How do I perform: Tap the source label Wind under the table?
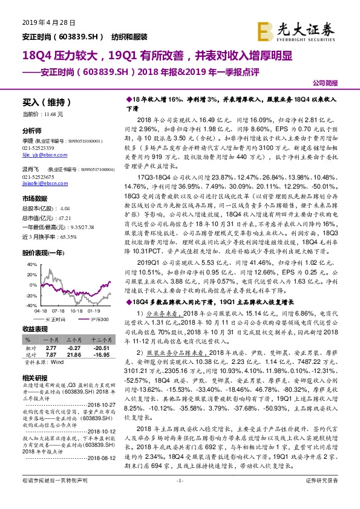pos(57,361)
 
